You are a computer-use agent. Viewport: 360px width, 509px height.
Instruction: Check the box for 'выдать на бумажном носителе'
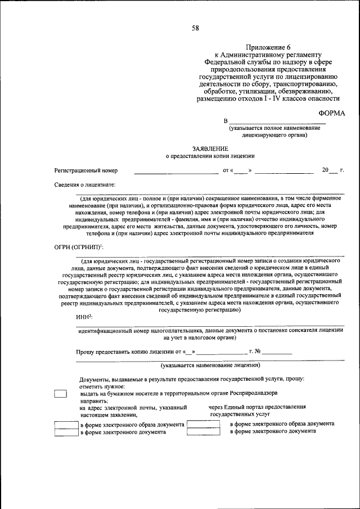pos(60,394)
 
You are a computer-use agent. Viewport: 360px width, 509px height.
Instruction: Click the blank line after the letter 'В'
pos(277,121)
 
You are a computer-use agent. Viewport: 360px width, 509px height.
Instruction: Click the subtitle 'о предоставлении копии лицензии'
pos(210,156)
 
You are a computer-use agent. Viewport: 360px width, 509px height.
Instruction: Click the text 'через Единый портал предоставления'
pos(256,407)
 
